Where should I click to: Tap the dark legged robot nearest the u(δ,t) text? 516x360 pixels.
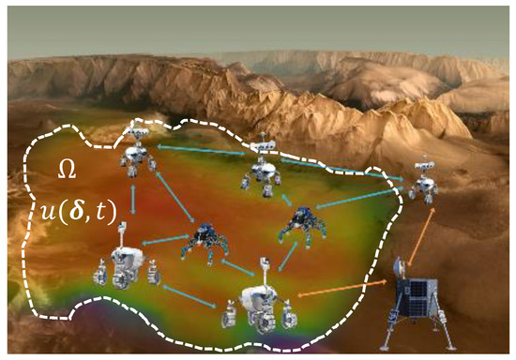point(205,240)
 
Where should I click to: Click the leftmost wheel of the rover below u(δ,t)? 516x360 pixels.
point(99,277)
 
